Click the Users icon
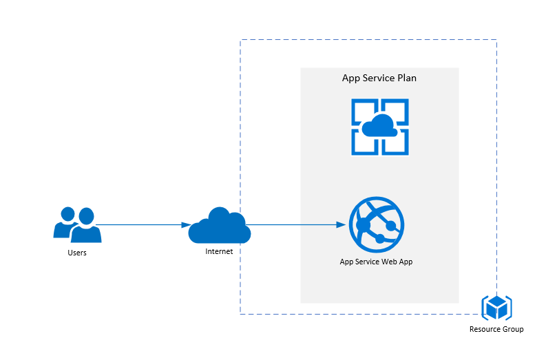(x=77, y=224)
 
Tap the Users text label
(x=77, y=253)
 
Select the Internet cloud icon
(x=219, y=225)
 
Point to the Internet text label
(x=219, y=251)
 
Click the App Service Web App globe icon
(x=377, y=224)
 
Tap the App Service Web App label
(x=376, y=262)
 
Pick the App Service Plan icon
(x=380, y=127)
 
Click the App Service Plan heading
(x=379, y=78)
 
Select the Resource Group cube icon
(x=496, y=307)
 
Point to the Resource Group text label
(x=496, y=330)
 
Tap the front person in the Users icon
(x=85, y=227)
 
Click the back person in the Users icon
(x=65, y=220)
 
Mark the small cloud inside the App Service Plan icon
(x=379, y=127)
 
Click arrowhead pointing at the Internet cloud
(x=186, y=224)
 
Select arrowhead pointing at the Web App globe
(x=340, y=224)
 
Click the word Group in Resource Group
(x=512, y=330)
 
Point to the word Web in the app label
(x=386, y=262)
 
